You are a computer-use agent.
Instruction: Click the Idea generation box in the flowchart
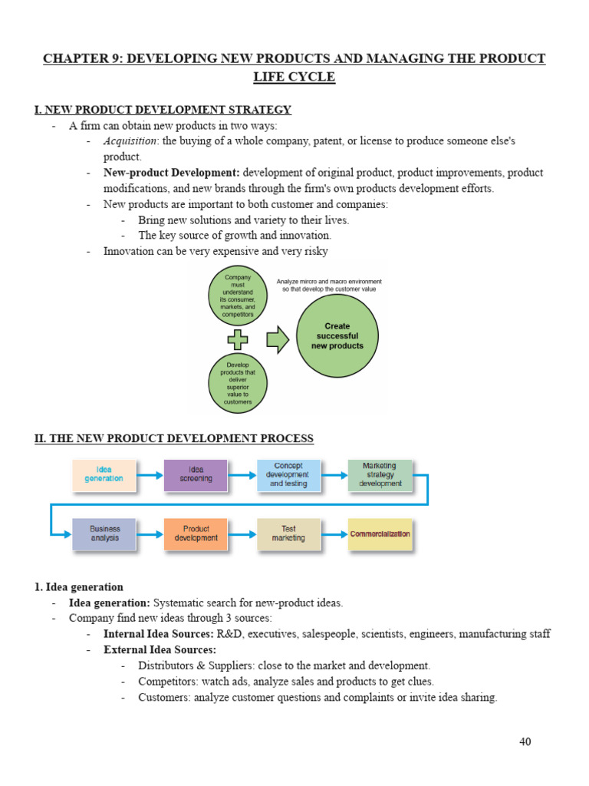104,474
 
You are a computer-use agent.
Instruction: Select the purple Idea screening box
196,474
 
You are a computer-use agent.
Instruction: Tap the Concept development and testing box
288,474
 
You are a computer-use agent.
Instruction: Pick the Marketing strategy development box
380,474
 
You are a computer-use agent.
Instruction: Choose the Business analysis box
104,533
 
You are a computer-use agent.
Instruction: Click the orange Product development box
196,533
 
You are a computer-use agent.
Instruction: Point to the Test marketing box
288,533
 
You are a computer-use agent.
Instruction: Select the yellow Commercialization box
380,533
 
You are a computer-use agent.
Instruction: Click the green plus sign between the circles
238,339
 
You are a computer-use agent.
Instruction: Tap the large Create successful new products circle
337,336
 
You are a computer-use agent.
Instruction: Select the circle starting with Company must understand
237,296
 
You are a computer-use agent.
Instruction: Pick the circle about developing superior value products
237,382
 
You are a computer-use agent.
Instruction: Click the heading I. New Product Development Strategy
163,110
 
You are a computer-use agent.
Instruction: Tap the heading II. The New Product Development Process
174,438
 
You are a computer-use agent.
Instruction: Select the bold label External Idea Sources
160,649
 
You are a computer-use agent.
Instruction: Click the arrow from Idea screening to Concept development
242,475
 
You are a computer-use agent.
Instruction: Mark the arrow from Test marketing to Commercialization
334,534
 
